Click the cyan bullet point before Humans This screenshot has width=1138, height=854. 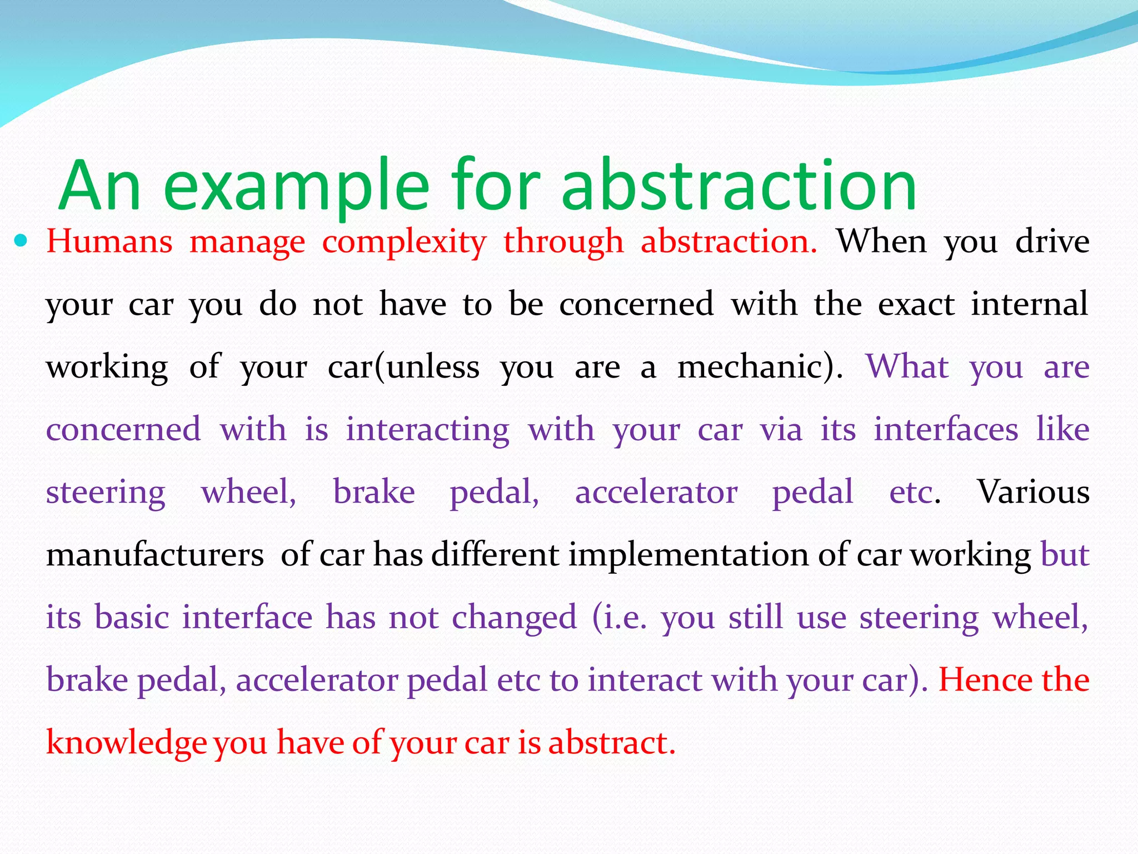[21, 241]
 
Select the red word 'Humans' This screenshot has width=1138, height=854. [109, 242]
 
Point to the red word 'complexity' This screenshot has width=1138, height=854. [404, 243]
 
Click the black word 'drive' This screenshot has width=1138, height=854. [1052, 242]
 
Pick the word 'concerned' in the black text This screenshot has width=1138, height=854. [636, 304]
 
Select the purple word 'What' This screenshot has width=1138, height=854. [907, 367]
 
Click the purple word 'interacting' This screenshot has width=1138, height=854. [427, 430]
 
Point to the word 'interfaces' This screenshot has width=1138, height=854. [946, 430]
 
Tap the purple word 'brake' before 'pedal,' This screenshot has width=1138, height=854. [374, 492]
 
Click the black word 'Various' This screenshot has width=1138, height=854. [1033, 492]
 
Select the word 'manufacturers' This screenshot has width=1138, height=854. [154, 555]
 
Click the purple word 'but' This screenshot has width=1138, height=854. [1064, 555]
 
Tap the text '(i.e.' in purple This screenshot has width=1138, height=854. [620, 618]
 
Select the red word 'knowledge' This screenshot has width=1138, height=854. [127, 743]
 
